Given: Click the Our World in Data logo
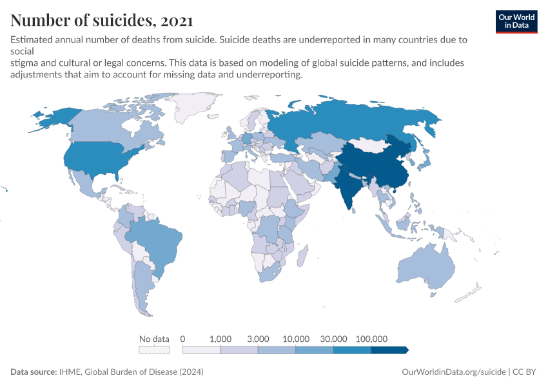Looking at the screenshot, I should [516, 21].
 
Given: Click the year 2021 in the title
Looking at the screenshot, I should [174, 21].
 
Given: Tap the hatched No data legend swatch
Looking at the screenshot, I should [154, 350].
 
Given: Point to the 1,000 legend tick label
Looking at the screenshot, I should [220, 339].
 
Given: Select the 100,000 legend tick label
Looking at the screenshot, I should [371, 339].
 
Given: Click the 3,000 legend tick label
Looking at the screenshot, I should [258, 339].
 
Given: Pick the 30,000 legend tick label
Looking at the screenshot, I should [334, 339].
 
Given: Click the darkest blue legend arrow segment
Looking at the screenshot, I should [389, 350].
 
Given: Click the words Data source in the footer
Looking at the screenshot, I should [33, 372].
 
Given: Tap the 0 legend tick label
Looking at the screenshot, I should [183, 339].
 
